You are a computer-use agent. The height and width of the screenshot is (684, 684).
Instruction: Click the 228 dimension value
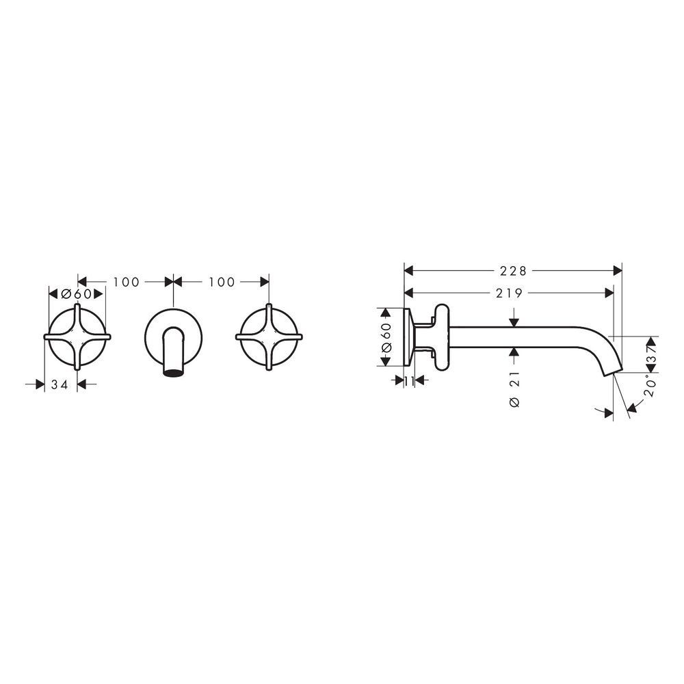pos(513,271)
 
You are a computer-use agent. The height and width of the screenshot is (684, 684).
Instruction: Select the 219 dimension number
pos(509,293)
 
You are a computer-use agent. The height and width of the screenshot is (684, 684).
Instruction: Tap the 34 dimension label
pos(60,384)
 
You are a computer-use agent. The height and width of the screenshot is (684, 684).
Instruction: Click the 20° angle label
pos(650,386)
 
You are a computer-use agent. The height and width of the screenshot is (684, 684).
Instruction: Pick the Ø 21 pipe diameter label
pos(515,390)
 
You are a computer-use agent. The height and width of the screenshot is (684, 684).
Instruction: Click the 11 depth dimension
pos(409,381)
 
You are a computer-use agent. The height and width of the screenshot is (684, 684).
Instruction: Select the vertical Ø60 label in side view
pos(386,338)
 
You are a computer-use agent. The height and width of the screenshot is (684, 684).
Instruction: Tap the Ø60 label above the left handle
pos(77,293)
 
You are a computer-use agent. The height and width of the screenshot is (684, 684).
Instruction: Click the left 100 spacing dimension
pos(126,282)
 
